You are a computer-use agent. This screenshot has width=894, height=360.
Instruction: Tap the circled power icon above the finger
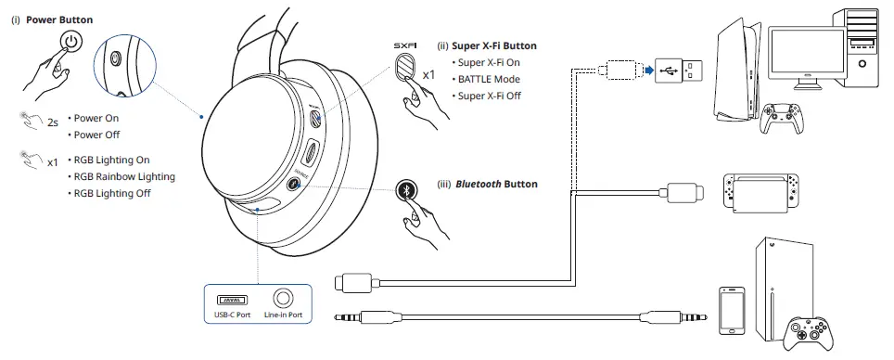coord(71,43)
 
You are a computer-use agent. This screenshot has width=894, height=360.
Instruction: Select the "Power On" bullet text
coord(97,119)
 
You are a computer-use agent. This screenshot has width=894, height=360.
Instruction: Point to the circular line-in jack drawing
coord(283,299)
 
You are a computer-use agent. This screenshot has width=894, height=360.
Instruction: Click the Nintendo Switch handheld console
coord(760,191)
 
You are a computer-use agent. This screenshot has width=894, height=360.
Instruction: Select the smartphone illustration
coord(733,310)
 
